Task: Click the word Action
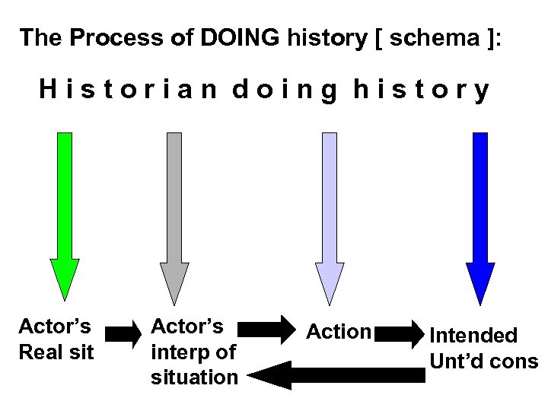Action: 338,332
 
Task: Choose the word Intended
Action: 473,336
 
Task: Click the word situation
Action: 195,376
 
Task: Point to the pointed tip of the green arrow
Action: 65,299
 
